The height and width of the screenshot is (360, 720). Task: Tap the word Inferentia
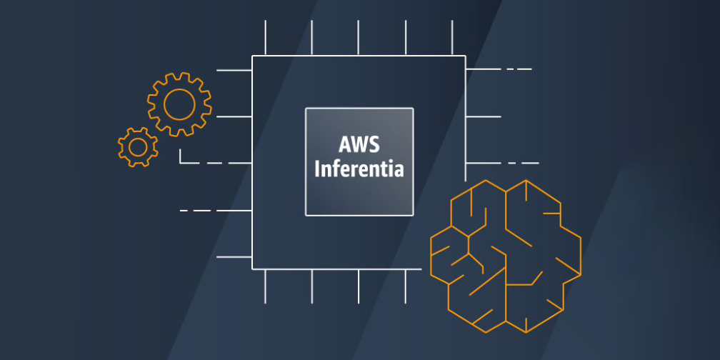click(359, 170)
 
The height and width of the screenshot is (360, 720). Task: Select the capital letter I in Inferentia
click(317, 170)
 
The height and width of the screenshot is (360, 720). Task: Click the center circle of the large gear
click(179, 104)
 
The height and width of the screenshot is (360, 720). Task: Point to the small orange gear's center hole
click(137, 146)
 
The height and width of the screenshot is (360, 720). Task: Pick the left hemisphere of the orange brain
click(468, 254)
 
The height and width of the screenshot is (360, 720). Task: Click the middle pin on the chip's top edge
click(359, 38)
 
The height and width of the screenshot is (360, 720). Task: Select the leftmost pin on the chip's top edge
click(266, 38)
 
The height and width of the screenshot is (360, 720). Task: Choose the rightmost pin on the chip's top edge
click(452, 38)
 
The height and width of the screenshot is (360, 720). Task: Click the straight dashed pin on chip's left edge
click(214, 211)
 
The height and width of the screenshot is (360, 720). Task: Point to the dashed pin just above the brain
click(500, 164)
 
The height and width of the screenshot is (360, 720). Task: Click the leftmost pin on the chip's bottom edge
click(266, 286)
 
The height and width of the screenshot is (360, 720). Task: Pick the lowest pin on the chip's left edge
click(234, 256)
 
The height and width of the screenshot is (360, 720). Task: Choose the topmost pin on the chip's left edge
click(234, 70)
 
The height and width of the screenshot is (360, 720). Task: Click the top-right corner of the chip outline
click(465, 56)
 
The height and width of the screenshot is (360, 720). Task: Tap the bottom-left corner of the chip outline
click(252, 269)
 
